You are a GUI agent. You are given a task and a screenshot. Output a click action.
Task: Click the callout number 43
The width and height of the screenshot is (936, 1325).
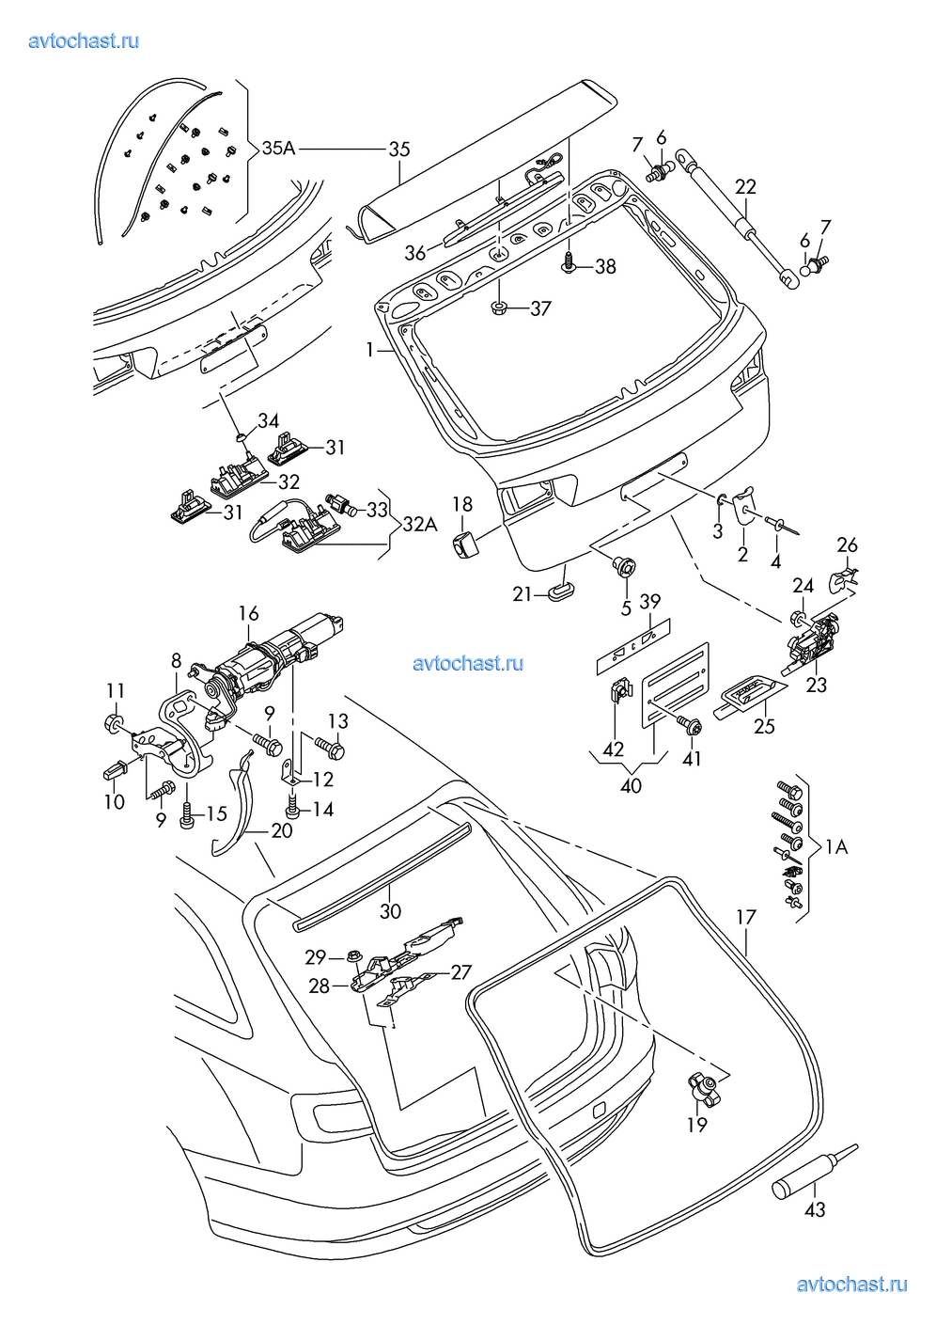tap(815, 1209)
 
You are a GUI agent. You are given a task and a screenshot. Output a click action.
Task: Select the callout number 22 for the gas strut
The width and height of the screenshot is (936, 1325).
tap(745, 186)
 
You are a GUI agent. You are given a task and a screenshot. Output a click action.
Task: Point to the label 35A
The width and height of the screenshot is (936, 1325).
tap(278, 148)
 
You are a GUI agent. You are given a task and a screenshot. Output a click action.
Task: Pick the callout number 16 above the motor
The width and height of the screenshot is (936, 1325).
tap(248, 613)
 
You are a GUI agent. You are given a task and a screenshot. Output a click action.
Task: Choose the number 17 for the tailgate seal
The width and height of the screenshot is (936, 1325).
tap(746, 917)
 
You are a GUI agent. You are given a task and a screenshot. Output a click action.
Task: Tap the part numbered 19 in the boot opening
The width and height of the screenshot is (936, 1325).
tap(705, 1089)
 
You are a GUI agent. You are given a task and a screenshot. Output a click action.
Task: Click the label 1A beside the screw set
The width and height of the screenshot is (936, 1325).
tap(835, 847)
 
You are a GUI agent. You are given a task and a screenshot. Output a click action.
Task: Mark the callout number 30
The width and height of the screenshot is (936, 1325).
tap(390, 910)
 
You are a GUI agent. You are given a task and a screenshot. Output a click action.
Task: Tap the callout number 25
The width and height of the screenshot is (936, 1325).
tap(764, 725)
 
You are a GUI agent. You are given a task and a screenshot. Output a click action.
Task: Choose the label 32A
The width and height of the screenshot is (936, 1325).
tap(420, 524)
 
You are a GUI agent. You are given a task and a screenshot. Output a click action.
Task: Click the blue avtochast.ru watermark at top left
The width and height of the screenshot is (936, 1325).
tap(84, 40)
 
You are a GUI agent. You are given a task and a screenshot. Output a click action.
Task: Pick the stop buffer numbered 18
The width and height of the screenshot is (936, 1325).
tap(464, 543)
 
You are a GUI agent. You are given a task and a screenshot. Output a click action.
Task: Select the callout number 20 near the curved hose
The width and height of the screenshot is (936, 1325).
tap(281, 830)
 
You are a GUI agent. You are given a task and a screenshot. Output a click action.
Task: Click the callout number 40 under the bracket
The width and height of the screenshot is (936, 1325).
tap(631, 784)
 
